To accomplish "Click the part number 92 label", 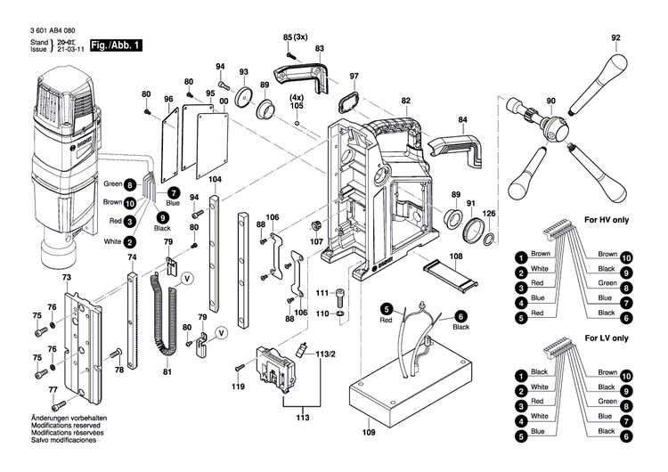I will click(x=615, y=38).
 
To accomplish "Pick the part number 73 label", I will click(x=66, y=278).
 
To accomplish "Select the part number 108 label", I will click(x=457, y=257).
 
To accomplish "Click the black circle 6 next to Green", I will click(x=131, y=185).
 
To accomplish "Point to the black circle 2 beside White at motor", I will click(x=131, y=241).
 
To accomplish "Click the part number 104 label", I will click(x=215, y=180).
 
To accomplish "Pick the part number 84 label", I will click(x=462, y=119).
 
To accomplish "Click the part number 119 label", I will click(x=238, y=387).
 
